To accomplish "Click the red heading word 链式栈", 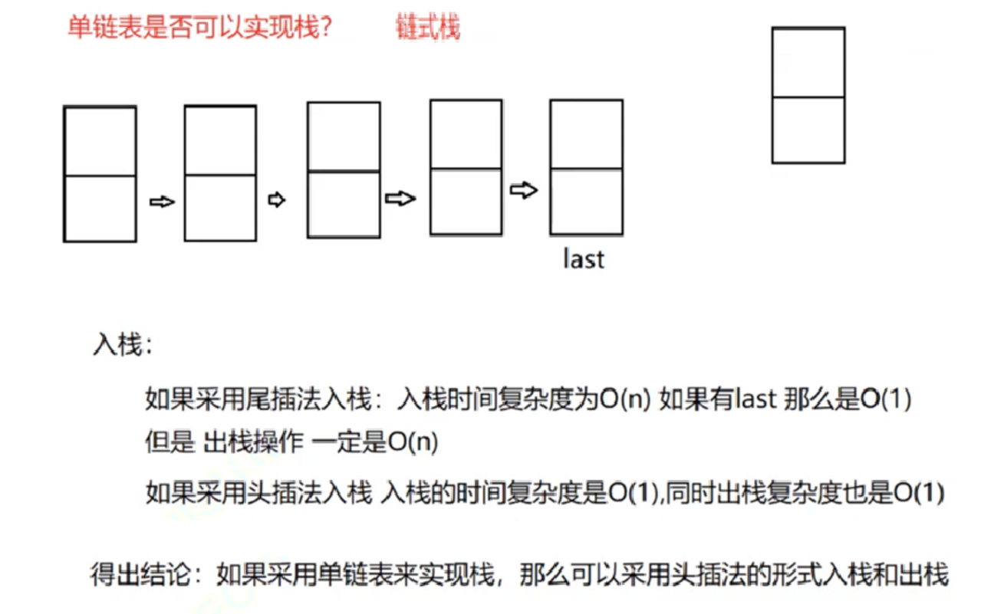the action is click(x=427, y=28).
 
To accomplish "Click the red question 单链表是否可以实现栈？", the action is click(x=200, y=28).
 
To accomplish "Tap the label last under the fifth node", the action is click(x=584, y=259).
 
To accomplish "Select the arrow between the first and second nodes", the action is click(x=162, y=202).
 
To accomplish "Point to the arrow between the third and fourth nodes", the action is click(x=400, y=199).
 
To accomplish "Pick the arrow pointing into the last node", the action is click(x=525, y=190).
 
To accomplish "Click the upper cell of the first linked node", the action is click(x=100, y=142).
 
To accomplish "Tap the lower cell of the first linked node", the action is click(x=100, y=208).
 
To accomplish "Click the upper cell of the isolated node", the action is click(x=808, y=63).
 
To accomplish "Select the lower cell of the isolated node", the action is click(x=808, y=130).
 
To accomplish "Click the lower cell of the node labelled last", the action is click(x=586, y=201).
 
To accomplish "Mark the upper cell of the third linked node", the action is click(x=344, y=137).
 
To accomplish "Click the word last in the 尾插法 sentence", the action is click(x=756, y=400).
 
